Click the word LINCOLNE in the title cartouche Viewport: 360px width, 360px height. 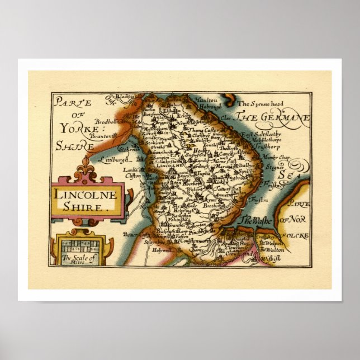coord(86,195)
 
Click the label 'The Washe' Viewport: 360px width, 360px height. coord(255,221)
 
